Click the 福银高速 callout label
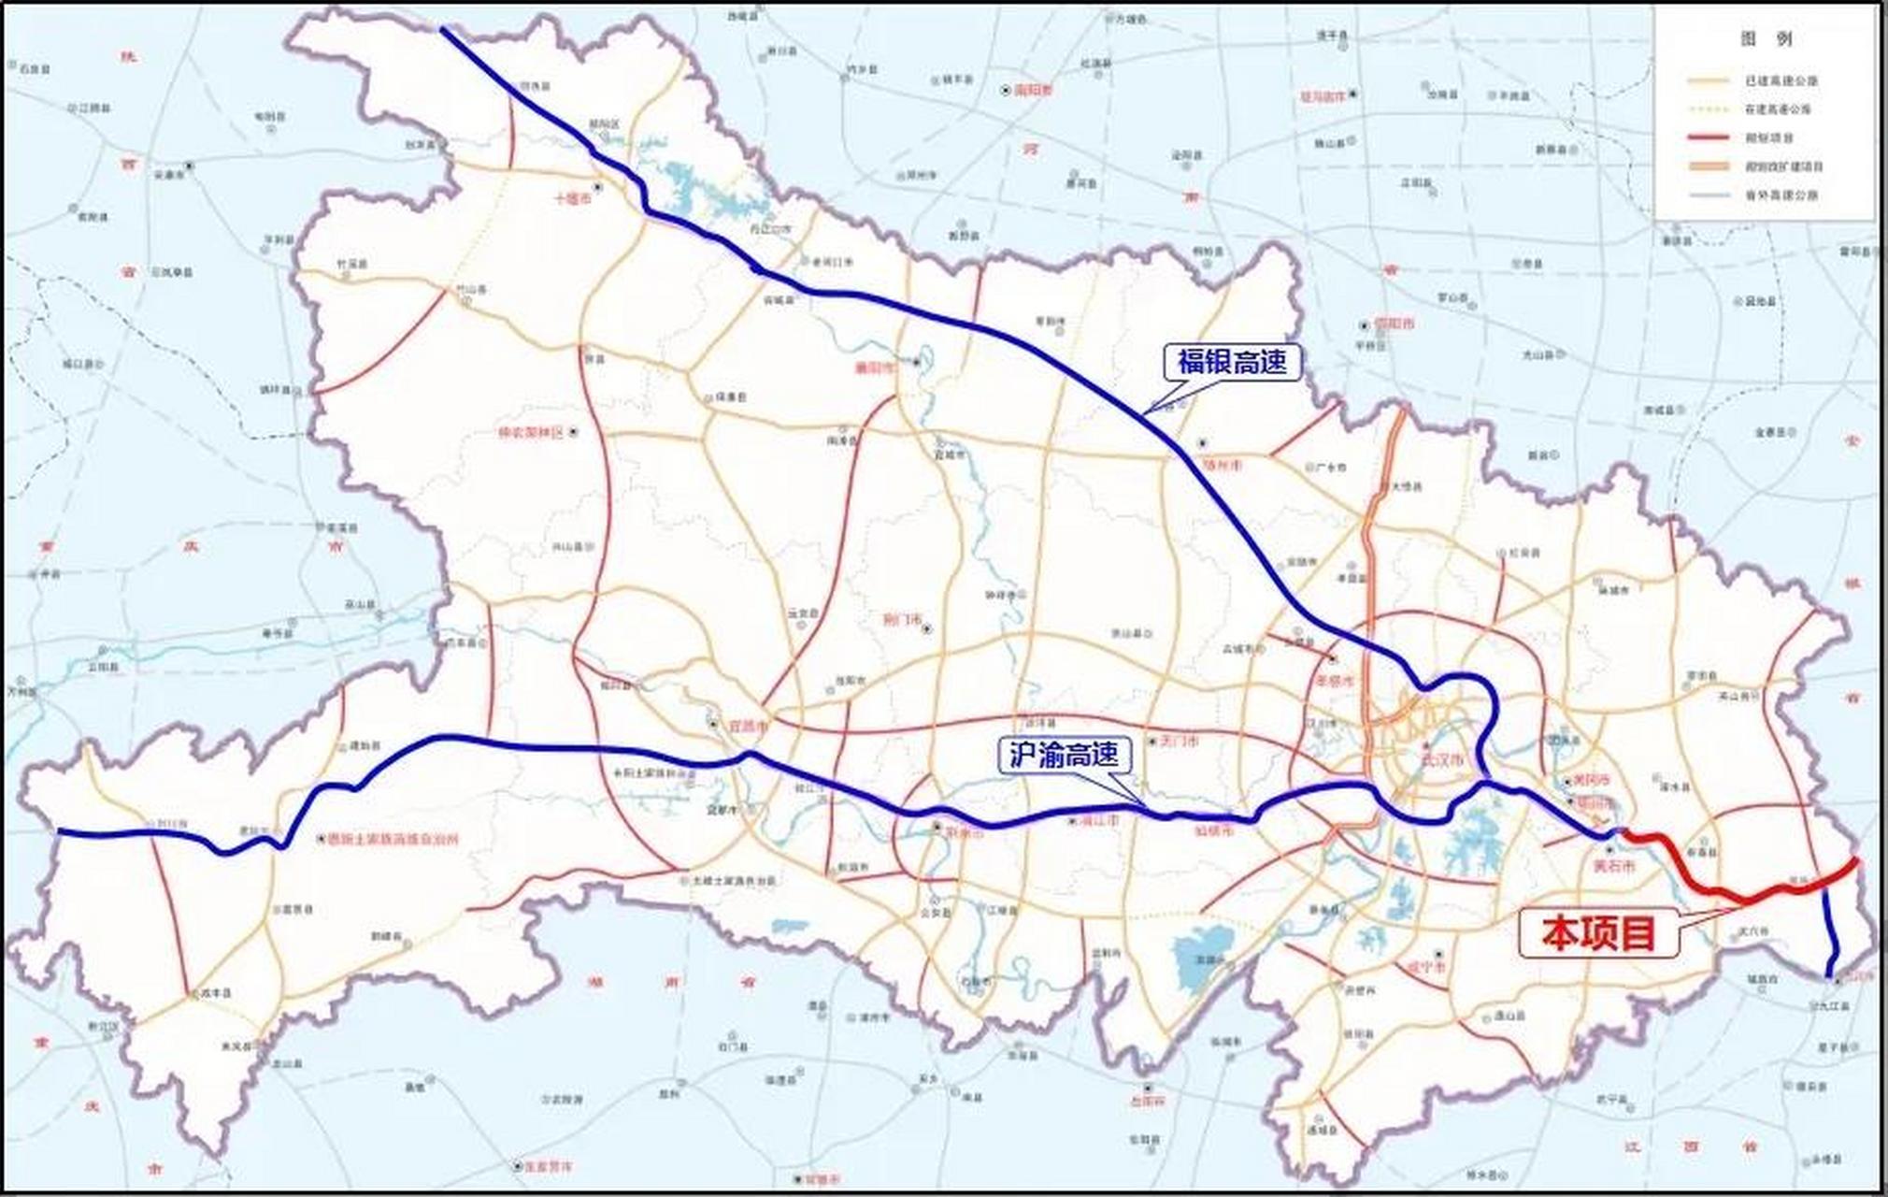coord(1232,362)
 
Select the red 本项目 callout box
coord(1598,933)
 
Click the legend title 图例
coord(1766,39)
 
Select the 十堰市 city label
coord(572,199)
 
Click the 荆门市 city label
coord(902,619)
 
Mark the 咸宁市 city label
coord(1426,966)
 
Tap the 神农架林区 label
coord(531,433)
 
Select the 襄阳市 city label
coord(876,368)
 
